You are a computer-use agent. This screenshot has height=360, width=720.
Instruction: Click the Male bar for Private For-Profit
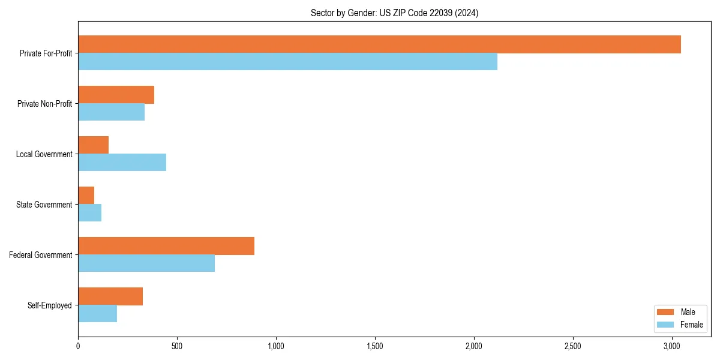click(379, 44)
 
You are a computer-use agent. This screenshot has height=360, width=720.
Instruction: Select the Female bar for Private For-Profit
click(287, 62)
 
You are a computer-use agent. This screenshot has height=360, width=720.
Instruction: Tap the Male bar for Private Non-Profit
click(116, 95)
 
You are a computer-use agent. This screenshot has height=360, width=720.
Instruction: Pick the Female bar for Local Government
click(122, 163)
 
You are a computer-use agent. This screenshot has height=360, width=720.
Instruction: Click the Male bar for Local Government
click(93, 145)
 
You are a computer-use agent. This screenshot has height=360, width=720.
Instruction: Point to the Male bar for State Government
click(86, 196)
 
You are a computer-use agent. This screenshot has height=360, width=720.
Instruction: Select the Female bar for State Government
click(89, 213)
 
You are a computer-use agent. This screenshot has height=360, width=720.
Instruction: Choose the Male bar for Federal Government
click(166, 246)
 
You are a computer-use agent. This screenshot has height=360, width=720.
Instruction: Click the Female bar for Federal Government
click(146, 263)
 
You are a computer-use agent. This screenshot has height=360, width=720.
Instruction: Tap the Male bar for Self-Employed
click(110, 296)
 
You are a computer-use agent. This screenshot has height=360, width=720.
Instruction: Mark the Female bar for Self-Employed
click(97, 314)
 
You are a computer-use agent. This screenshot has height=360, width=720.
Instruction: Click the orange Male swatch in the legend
click(666, 312)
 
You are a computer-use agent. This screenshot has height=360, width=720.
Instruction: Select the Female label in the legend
click(691, 325)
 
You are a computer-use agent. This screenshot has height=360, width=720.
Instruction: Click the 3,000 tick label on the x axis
click(672, 346)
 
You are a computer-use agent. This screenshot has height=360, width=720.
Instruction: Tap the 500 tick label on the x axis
click(177, 346)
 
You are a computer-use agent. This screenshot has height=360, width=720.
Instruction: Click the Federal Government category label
click(41, 255)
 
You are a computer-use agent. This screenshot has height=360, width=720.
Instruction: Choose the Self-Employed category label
click(50, 305)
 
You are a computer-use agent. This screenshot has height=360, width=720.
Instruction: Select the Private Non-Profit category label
click(44, 104)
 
